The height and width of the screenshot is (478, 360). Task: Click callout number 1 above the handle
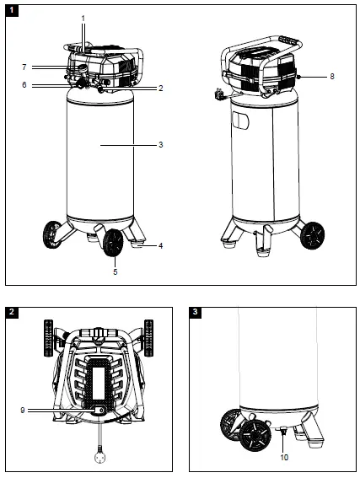click(x=83, y=18)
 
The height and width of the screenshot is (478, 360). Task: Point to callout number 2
click(x=160, y=88)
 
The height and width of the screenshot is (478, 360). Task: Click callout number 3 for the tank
click(x=160, y=145)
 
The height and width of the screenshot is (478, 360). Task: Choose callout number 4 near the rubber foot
click(x=160, y=246)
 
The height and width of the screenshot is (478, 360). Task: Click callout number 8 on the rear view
click(x=331, y=77)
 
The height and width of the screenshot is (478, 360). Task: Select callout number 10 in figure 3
click(x=283, y=458)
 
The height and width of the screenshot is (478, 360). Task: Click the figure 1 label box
click(x=11, y=10)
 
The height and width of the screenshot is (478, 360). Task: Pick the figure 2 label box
click(x=11, y=312)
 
